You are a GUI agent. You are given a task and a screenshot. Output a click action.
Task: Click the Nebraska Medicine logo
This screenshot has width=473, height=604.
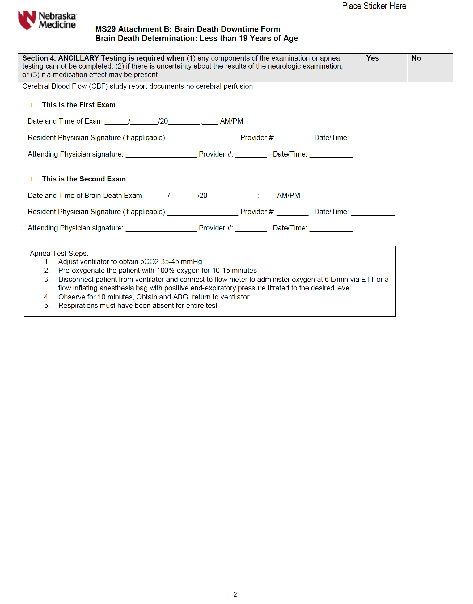[47, 20]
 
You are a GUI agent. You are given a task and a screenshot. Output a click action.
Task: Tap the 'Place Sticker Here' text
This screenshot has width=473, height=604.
[374, 6]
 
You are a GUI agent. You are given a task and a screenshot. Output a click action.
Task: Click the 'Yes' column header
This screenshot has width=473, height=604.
[373, 58]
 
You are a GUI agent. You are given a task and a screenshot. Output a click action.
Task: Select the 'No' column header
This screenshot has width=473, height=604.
[416, 58]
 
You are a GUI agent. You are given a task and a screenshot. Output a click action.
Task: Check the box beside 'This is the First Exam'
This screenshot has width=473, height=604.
[30, 105]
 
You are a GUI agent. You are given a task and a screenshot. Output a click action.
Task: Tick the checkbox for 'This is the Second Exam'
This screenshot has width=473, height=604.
[30, 179]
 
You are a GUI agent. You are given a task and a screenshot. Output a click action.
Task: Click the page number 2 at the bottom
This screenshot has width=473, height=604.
[235, 594]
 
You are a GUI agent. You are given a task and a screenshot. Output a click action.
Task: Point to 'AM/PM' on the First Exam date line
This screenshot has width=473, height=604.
[231, 121]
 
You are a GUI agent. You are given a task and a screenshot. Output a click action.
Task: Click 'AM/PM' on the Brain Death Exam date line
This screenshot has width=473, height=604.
[288, 196]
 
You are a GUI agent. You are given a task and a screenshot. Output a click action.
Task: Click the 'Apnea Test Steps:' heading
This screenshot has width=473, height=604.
[59, 254]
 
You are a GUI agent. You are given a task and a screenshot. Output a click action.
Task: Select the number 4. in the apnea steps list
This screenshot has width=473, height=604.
[47, 297]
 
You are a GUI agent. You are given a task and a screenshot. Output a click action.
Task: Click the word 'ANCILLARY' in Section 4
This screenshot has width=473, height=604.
[78, 58]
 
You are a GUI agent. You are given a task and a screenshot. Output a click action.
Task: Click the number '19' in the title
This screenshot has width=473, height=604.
[243, 38]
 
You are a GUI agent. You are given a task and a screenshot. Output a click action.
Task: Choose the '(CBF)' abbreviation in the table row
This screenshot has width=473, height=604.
[98, 86]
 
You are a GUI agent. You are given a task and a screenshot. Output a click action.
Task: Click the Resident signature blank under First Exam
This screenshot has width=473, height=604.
[202, 138]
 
